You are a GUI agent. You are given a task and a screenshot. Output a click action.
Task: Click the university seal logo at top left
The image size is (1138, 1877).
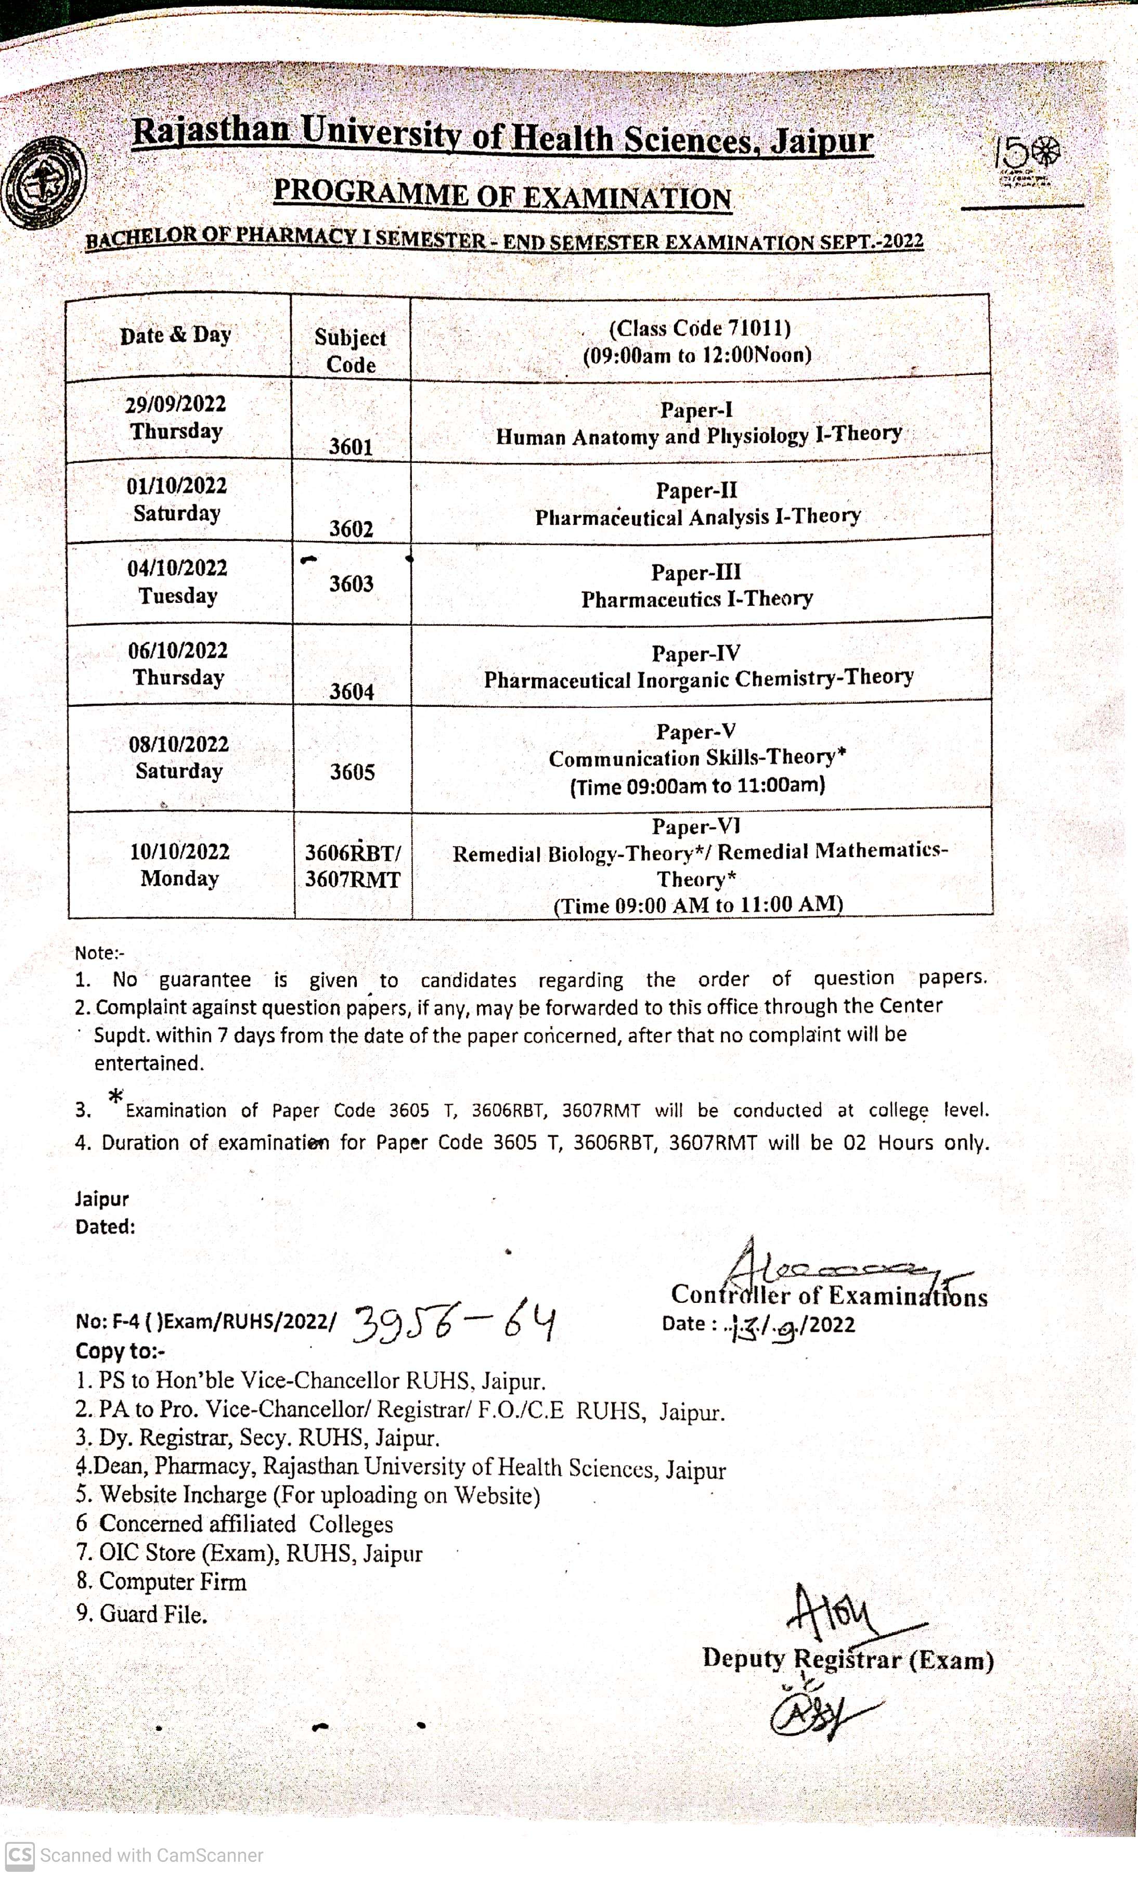(43, 184)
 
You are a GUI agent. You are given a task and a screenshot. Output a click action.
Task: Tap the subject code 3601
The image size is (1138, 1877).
(351, 446)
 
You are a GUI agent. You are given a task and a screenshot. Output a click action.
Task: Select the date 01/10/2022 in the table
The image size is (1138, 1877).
(177, 486)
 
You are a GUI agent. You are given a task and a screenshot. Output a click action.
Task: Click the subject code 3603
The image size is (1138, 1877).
(351, 584)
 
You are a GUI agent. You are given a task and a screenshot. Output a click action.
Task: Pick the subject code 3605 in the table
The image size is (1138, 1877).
(352, 772)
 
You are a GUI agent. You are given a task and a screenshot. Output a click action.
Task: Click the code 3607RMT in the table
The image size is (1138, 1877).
(353, 880)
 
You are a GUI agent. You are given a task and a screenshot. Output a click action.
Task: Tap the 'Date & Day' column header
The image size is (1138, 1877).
(175, 335)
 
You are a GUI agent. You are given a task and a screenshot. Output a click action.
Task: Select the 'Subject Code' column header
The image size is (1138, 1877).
(351, 351)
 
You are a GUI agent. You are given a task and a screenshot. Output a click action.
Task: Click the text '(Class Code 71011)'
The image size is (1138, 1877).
(699, 328)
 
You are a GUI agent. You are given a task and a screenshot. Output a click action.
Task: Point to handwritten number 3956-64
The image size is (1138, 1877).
(455, 1324)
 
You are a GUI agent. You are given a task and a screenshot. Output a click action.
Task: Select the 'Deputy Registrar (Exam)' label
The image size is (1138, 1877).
(848, 1659)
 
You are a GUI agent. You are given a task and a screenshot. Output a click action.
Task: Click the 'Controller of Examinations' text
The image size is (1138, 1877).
(829, 1296)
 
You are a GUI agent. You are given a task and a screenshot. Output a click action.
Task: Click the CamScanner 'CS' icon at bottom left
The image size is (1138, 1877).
(19, 1856)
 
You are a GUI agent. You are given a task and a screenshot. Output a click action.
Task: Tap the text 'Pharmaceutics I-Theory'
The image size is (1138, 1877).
(697, 599)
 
